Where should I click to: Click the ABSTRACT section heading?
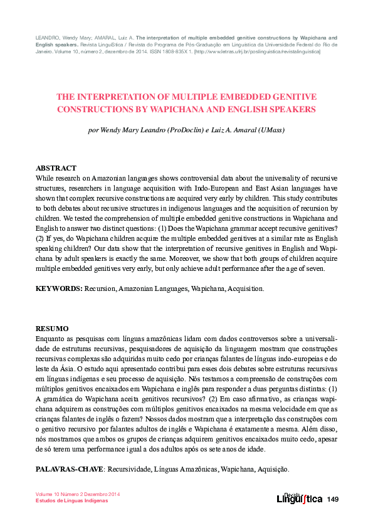click(56, 168)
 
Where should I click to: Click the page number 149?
click(332, 499)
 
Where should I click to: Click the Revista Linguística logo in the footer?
click(299, 498)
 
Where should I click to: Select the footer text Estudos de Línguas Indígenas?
click(71, 501)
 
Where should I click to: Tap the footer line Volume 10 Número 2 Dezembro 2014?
click(78, 494)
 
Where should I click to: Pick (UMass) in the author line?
click(269, 131)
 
